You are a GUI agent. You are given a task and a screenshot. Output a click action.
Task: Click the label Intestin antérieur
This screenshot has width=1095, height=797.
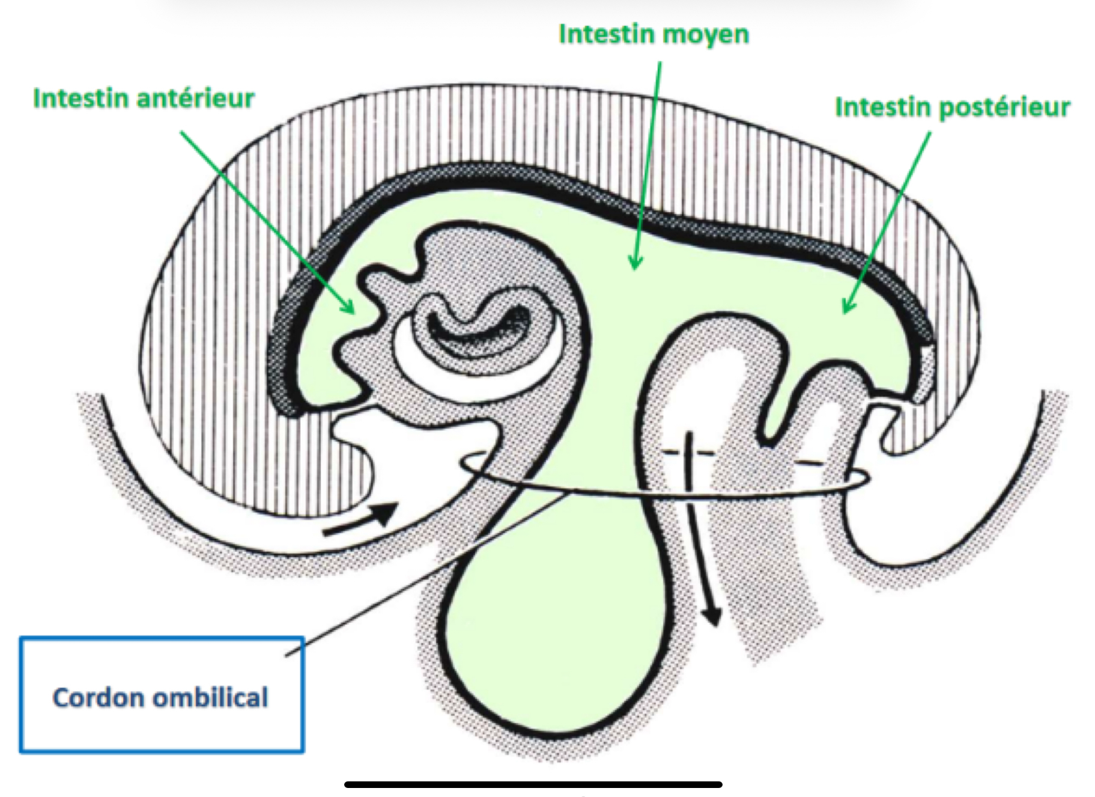tap(144, 99)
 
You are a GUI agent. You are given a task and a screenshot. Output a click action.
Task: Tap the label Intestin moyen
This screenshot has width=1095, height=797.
tap(654, 34)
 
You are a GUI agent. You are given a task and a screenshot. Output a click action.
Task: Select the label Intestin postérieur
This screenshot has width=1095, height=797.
tap(952, 108)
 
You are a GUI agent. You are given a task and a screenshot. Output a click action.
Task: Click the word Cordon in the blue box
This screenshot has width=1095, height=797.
tap(98, 698)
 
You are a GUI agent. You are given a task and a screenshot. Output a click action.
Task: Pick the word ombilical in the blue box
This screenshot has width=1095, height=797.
tap(210, 698)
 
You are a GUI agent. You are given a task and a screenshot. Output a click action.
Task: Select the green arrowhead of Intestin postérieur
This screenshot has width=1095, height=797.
tap(848, 306)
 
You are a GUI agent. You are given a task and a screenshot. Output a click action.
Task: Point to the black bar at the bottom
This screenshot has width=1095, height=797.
tap(533, 784)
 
